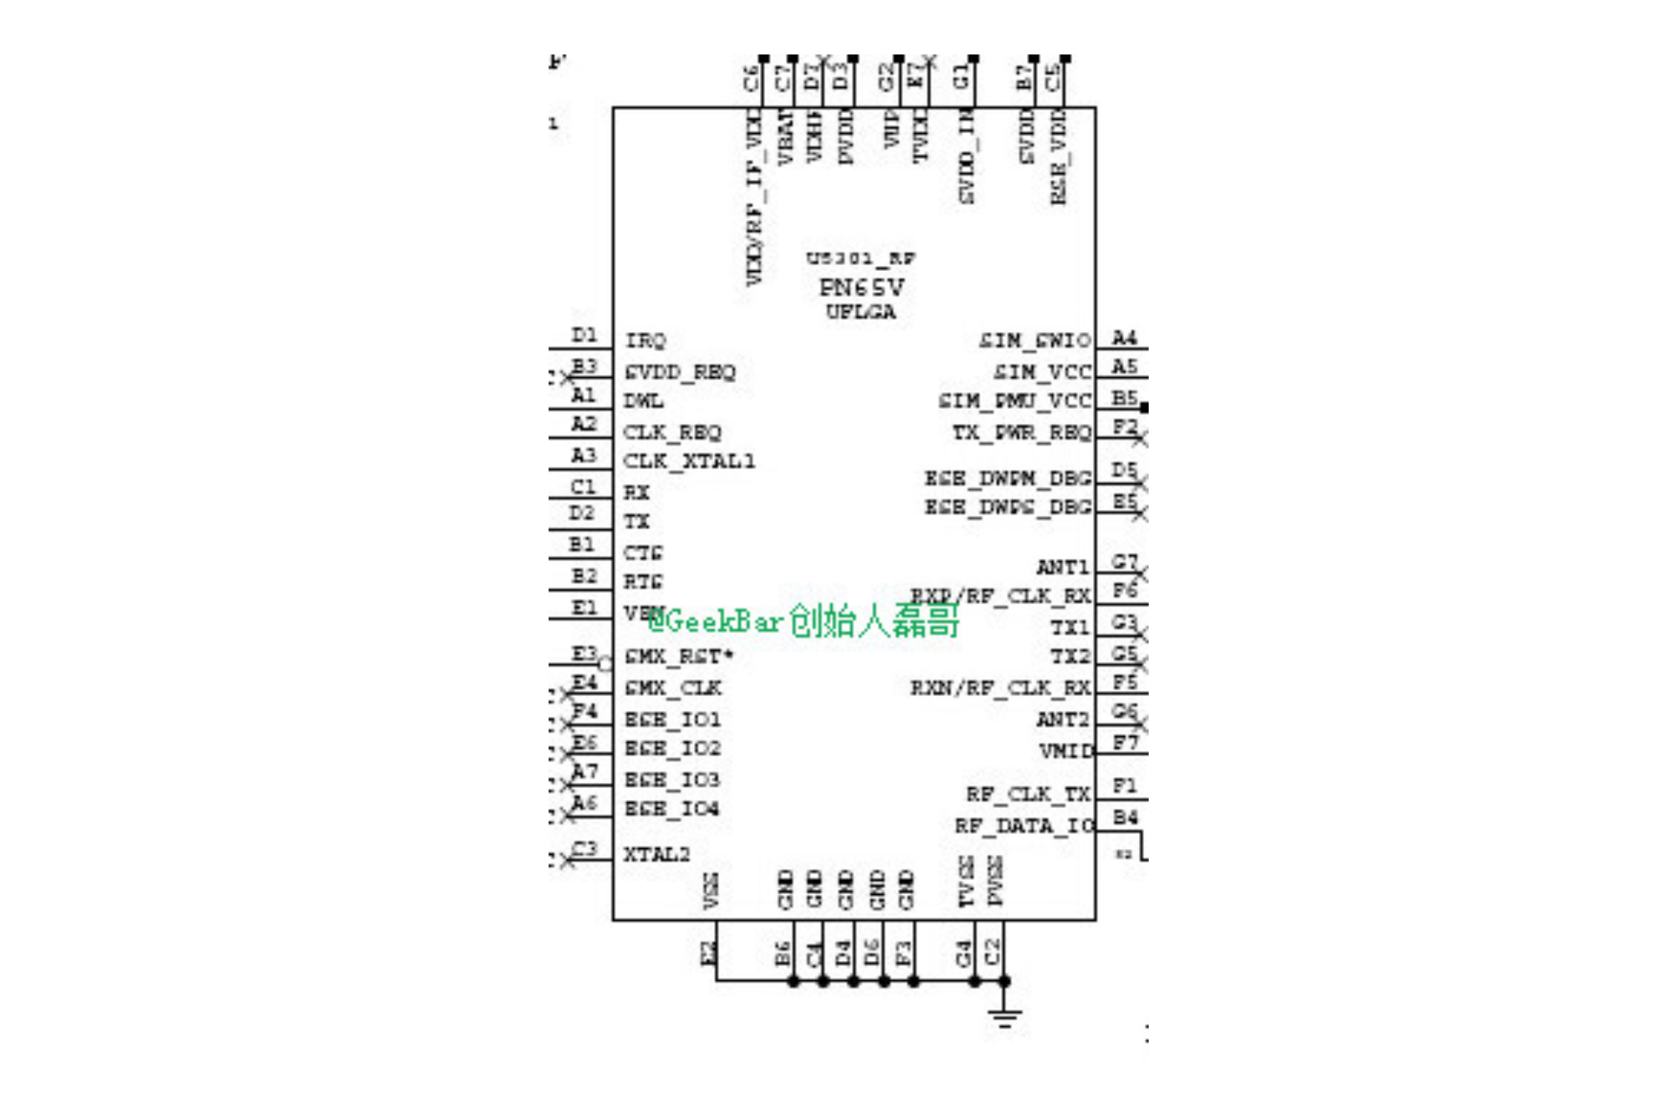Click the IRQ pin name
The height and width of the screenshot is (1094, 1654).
(646, 340)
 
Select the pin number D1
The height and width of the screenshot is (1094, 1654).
(584, 335)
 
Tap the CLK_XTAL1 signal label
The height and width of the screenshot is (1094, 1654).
(689, 462)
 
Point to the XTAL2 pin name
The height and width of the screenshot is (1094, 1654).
(656, 854)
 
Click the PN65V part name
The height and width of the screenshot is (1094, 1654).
(861, 288)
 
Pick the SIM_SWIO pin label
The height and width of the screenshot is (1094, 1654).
(1035, 340)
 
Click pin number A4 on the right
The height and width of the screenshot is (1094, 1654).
(1124, 338)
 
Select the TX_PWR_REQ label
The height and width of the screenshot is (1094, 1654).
(1022, 432)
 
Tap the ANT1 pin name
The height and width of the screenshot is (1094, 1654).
(1063, 567)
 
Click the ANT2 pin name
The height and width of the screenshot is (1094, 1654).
(1063, 719)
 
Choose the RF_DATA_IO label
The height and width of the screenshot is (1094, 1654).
(1024, 826)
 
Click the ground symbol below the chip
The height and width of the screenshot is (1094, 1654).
(1004, 1017)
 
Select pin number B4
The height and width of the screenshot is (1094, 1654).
(1125, 817)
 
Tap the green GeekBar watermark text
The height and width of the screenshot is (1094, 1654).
(803, 621)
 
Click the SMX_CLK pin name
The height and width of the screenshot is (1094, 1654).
(673, 688)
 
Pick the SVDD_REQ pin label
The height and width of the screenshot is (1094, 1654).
(680, 372)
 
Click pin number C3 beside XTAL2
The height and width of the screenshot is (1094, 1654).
(585, 850)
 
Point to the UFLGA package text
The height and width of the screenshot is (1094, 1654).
(860, 312)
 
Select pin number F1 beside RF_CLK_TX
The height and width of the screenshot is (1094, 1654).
(1125, 786)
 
